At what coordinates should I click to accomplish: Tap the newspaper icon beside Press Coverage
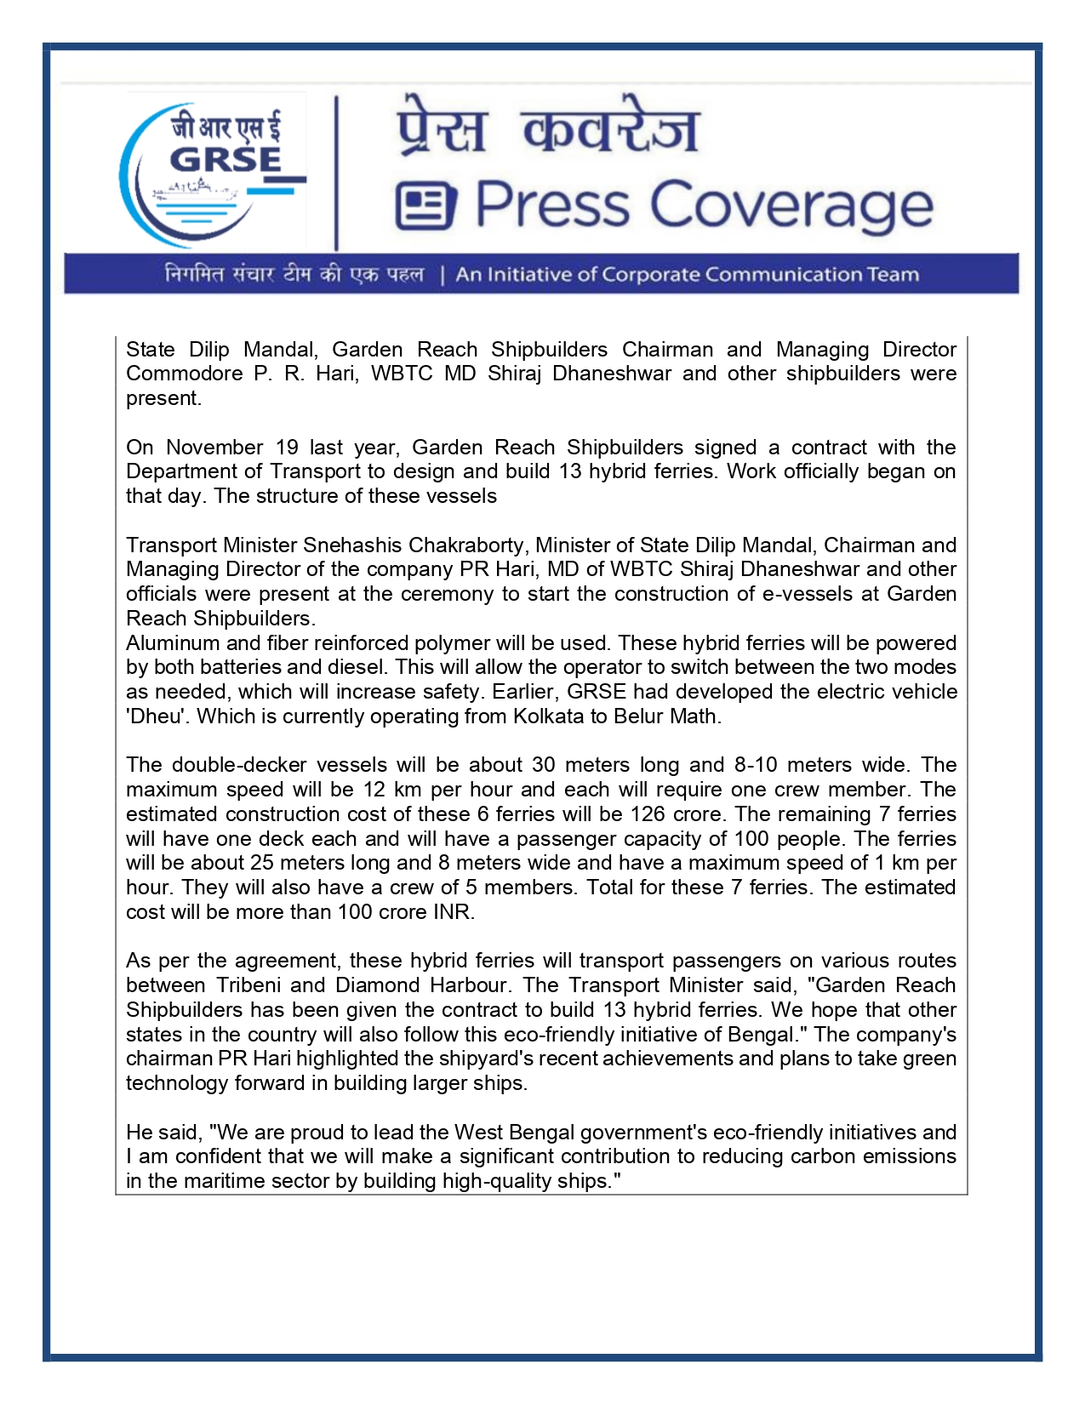click(x=425, y=206)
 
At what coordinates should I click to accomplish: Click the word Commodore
click(x=184, y=374)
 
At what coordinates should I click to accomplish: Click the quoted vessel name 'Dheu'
click(x=155, y=716)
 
